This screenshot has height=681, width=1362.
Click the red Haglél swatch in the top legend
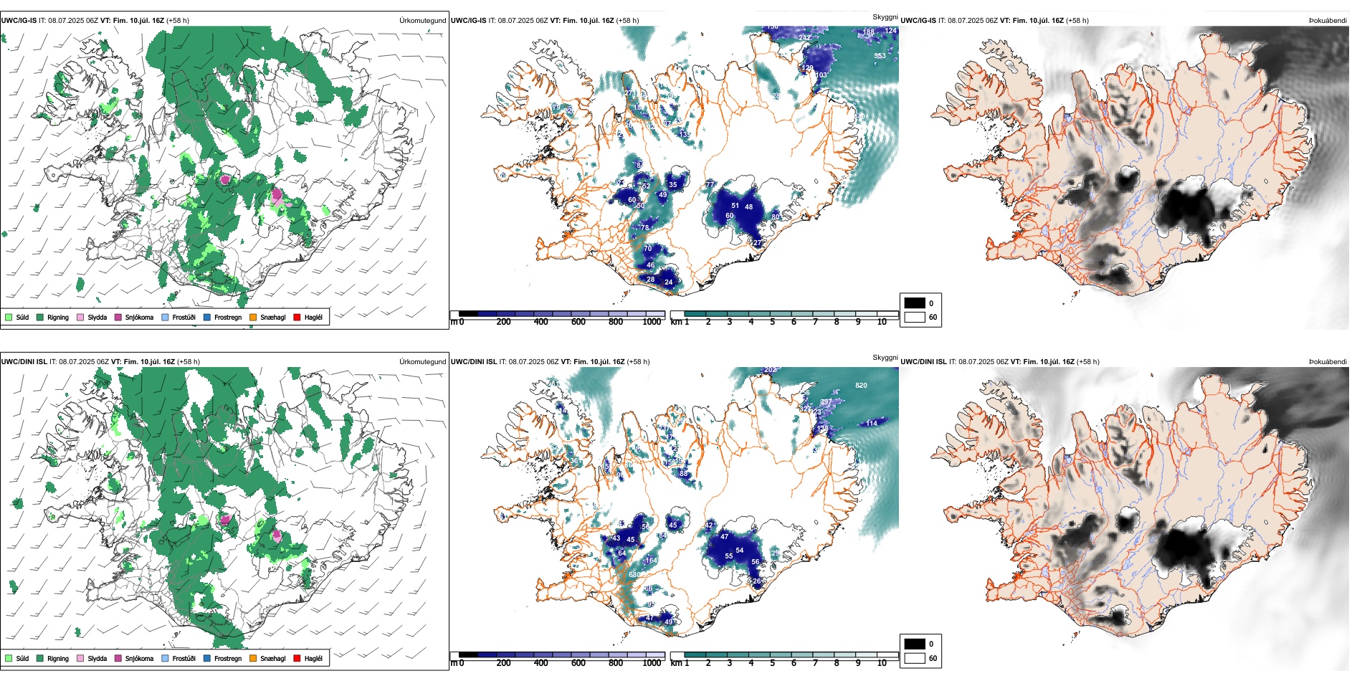point(297,317)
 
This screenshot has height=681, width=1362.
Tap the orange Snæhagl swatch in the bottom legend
point(253,658)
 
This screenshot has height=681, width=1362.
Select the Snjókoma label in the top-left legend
point(139,317)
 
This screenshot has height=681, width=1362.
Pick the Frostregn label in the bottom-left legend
point(227,658)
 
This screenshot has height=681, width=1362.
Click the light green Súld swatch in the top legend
point(9,317)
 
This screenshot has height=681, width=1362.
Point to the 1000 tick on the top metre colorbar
point(652,322)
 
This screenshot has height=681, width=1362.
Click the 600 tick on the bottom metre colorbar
point(578,663)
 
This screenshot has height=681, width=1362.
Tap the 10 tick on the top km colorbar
point(882,322)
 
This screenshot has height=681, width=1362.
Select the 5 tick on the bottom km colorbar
point(773,663)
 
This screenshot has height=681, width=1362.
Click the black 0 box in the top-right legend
point(915,303)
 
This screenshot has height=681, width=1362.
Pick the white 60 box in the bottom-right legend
point(915,658)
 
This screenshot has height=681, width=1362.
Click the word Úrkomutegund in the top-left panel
point(422,21)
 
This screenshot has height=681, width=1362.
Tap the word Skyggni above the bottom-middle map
point(885,357)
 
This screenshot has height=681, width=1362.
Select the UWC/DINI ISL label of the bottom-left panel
point(24,362)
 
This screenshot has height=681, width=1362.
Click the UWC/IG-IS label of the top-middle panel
point(468,21)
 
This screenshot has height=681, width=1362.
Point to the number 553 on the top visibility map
point(880,55)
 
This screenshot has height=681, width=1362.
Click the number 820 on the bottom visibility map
point(861,386)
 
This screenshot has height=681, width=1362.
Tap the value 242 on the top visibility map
point(805,38)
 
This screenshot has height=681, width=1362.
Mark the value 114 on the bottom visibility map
point(872,423)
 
